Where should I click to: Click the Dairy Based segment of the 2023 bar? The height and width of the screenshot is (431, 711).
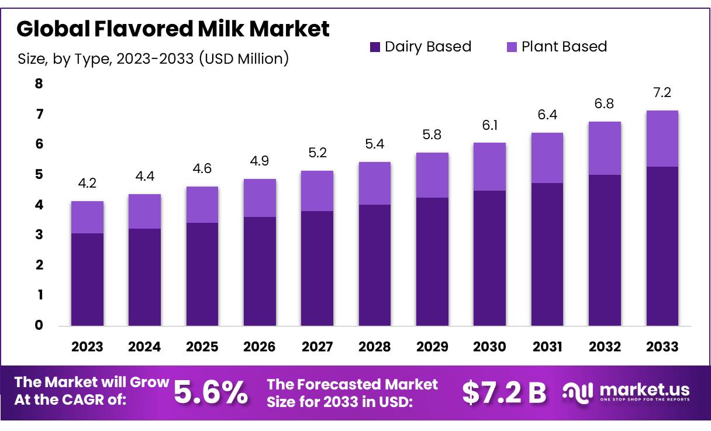coord(87,279)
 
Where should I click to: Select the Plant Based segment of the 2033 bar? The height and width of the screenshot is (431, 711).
coord(662,139)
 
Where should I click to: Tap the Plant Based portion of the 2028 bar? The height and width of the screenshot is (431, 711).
coord(374,183)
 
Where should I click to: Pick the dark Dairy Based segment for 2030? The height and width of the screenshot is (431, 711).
coord(489,257)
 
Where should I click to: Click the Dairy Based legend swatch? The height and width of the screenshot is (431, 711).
coord(375,47)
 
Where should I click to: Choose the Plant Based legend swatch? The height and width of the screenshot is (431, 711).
coord(511,47)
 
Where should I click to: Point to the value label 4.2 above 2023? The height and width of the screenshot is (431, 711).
coord(87,183)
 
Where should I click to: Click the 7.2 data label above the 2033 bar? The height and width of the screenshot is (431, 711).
coord(662,92)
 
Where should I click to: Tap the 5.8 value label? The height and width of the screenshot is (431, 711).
coord(432,135)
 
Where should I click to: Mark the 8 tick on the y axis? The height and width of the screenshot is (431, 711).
coord(39,84)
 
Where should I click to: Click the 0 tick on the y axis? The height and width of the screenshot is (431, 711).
coord(39,325)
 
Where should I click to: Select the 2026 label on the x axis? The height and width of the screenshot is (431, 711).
coord(260,347)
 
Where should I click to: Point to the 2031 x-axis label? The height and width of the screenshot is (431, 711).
coord(547,347)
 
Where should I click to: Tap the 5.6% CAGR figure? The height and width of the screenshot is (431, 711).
coord(211,392)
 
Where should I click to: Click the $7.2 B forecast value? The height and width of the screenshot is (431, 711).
coord(503,392)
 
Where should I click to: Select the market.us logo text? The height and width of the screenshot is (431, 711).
coord(644,389)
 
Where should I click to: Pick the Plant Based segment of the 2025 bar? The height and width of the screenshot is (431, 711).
coord(202,205)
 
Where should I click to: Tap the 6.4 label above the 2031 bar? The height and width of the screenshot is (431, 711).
coord(547,115)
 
